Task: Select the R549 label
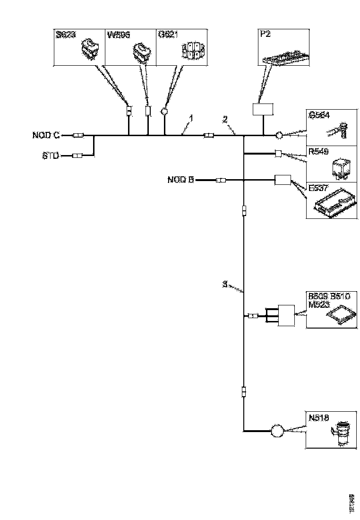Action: click(x=318, y=153)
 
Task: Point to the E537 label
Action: click(x=318, y=188)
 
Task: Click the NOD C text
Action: click(x=46, y=136)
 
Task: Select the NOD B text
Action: click(x=180, y=180)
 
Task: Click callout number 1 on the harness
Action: click(x=190, y=117)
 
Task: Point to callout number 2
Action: click(x=225, y=120)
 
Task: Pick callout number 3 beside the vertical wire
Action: click(x=226, y=285)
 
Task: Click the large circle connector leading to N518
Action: click(x=276, y=431)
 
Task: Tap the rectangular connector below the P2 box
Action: click(x=263, y=109)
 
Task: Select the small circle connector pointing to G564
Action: click(x=279, y=136)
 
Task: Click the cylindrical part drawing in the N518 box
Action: click(x=341, y=433)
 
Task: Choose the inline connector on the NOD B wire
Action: click(x=221, y=180)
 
